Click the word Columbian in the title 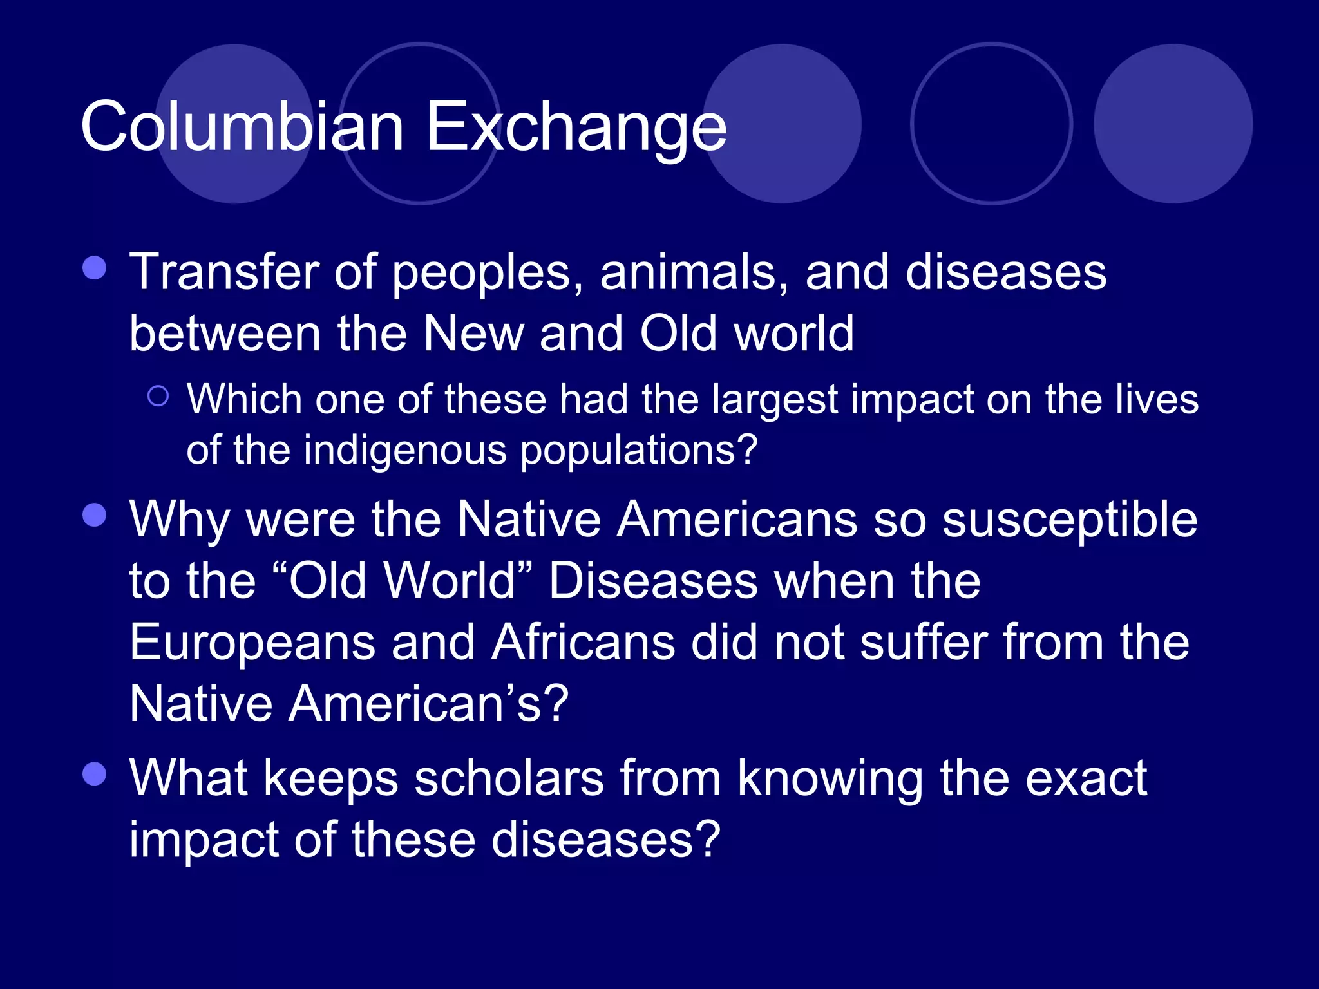point(242,127)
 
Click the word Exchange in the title point(576,127)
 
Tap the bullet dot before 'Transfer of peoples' point(95,268)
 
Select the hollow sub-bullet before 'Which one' point(158,395)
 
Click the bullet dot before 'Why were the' point(95,515)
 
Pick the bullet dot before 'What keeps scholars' point(95,774)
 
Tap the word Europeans point(252,643)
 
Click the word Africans point(583,643)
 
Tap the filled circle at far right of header point(1173,124)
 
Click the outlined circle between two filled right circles point(991,124)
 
